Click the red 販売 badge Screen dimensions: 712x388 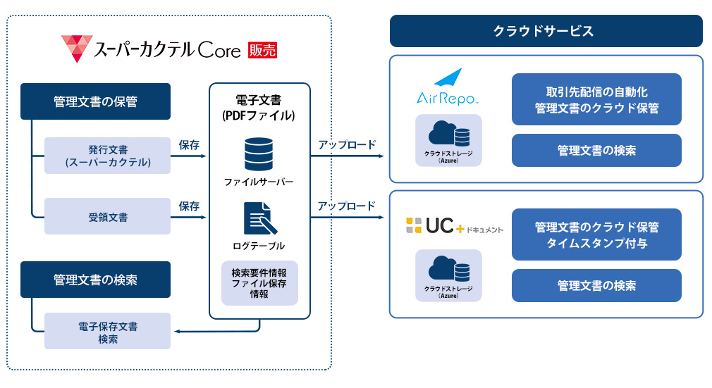262,50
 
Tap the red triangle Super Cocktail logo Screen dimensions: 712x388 77,48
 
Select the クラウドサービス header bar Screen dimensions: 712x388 546,31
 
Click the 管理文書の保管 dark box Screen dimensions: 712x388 95,101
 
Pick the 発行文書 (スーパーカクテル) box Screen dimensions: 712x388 108,156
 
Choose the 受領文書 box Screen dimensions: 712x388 108,216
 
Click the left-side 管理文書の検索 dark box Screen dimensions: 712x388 95,280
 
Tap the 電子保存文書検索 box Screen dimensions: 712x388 108,331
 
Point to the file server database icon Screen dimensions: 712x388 259,154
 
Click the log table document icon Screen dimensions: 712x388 259,218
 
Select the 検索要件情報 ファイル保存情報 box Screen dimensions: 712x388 259,283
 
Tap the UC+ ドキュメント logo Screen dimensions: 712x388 455,225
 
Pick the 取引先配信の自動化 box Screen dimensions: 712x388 596,99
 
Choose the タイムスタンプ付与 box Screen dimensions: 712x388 596,234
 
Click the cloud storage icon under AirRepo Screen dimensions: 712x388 448,140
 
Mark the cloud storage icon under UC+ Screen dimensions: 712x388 448,275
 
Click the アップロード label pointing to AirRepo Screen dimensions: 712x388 347,145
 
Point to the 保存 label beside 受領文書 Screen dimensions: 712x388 189,206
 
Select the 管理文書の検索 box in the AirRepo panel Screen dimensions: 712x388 596,150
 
